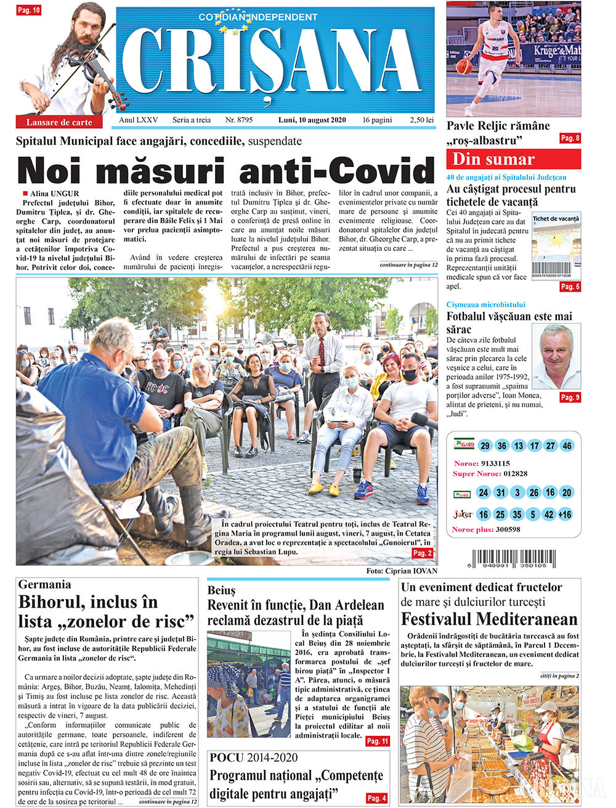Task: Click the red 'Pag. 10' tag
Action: point(29,10)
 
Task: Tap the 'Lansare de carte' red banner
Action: point(59,122)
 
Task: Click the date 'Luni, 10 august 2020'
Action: point(312,120)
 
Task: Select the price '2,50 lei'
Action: point(422,120)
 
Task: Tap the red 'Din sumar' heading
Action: point(493,159)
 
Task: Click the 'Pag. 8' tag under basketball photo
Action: point(570,138)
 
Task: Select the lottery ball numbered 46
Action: point(567,446)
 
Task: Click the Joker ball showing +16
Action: point(565,514)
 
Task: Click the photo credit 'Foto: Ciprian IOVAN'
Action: point(401,571)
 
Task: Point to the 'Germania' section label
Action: point(44,584)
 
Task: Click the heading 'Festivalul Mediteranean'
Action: point(489,619)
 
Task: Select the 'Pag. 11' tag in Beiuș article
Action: point(378,741)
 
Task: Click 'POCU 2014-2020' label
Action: point(253,757)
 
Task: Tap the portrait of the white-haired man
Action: point(556,356)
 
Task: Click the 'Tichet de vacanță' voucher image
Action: point(556,246)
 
